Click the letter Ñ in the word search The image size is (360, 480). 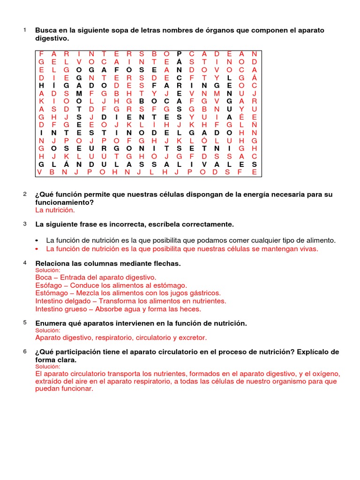coord(254,125)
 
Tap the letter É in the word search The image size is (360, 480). coord(241,117)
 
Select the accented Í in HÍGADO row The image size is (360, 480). coord(53,85)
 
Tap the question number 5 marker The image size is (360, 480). coord(24,323)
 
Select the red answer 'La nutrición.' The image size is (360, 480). coord(55,210)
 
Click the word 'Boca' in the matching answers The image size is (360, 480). coord(44,277)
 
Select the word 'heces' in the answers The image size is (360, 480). coord(190,309)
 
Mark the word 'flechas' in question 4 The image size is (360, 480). coord(167,264)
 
